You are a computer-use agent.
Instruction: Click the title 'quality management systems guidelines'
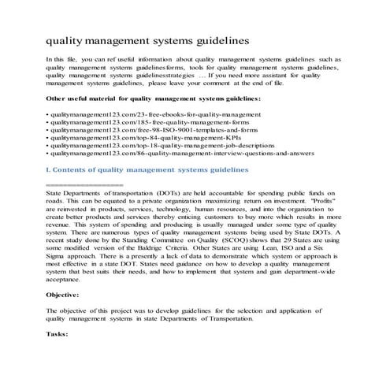coord(149,37)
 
